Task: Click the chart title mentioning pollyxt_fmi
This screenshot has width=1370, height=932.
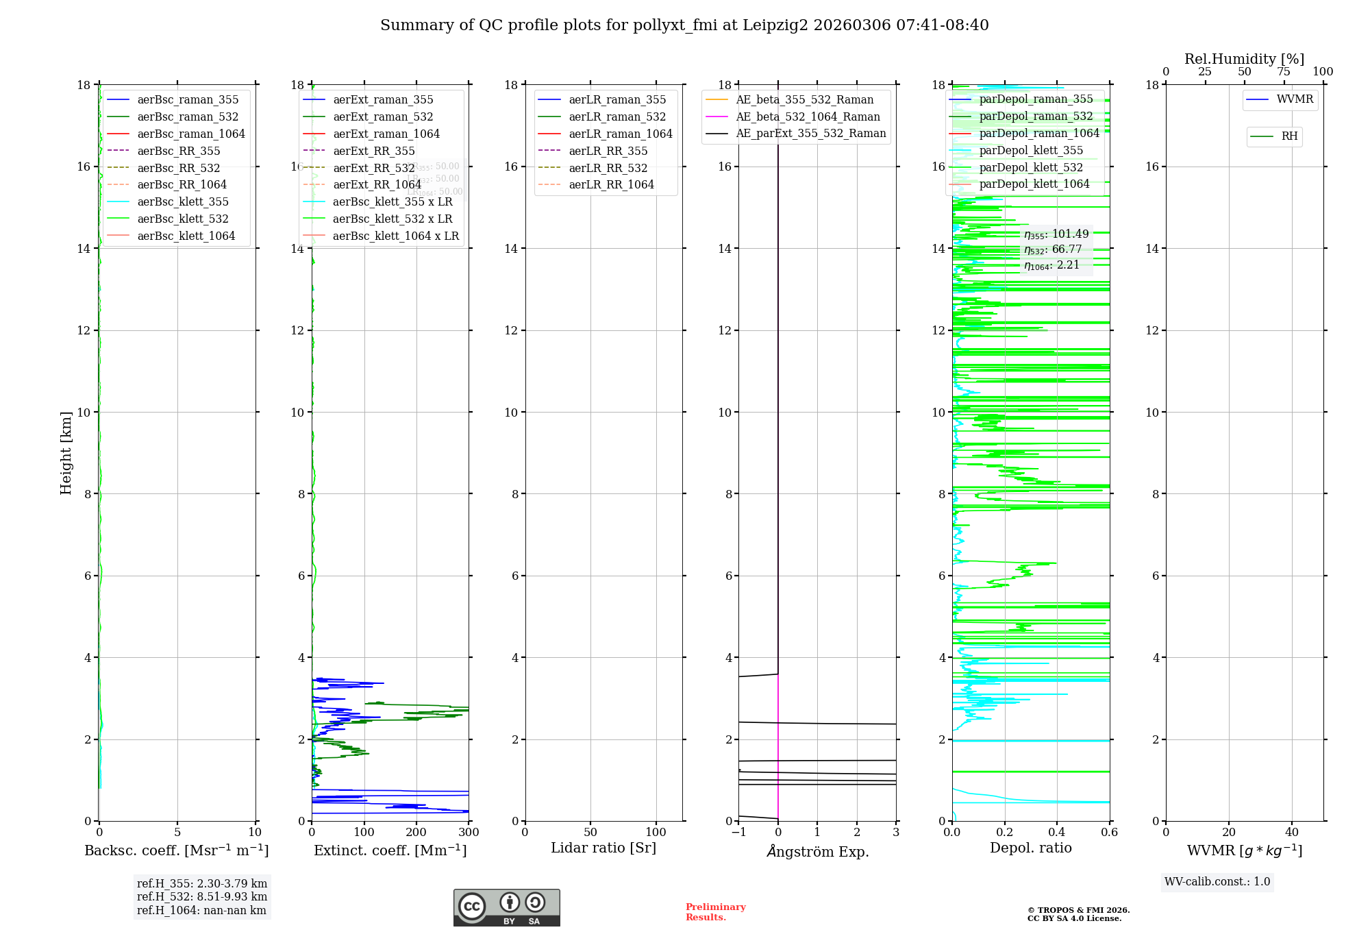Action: pyautogui.click(x=684, y=25)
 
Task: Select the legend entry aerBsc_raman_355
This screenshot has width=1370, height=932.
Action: pyautogui.click(x=188, y=100)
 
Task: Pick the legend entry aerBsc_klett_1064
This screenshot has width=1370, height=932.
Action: pyautogui.click(x=186, y=236)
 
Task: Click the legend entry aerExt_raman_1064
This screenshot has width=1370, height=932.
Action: pyautogui.click(x=386, y=134)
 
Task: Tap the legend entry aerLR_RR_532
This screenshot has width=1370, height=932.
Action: pyautogui.click(x=608, y=168)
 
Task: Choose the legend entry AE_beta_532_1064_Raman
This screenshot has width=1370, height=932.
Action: pyautogui.click(x=808, y=116)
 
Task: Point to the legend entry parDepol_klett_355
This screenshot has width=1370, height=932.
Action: pyautogui.click(x=1031, y=150)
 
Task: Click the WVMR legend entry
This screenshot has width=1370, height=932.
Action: pyautogui.click(x=1295, y=99)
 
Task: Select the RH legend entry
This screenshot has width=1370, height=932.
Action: pyautogui.click(x=1289, y=136)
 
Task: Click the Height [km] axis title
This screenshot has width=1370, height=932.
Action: pyautogui.click(x=66, y=452)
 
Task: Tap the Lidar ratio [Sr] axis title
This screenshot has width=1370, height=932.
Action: pyautogui.click(x=603, y=848)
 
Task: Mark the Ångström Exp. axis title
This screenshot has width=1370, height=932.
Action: pyautogui.click(x=817, y=851)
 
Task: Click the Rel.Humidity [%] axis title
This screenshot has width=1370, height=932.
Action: pyautogui.click(x=1244, y=59)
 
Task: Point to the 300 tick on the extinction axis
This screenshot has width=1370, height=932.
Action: pyautogui.click(x=469, y=833)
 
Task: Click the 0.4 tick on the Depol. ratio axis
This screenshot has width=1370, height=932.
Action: pyautogui.click(x=1057, y=833)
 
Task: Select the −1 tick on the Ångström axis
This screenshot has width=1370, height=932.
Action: pyautogui.click(x=738, y=833)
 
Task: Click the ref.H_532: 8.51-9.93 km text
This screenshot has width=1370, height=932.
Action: pyautogui.click(x=201, y=896)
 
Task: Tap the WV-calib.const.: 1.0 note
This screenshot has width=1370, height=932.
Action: pyautogui.click(x=1217, y=882)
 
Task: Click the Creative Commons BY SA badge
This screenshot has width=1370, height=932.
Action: pyautogui.click(x=506, y=907)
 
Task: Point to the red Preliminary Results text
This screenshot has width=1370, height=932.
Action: pyautogui.click(x=715, y=912)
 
